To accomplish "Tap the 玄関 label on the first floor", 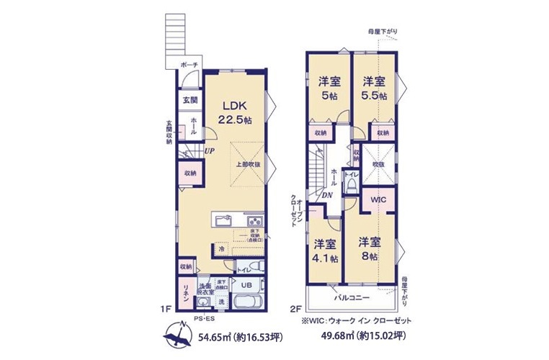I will (189, 100).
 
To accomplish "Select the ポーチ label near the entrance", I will (189, 65).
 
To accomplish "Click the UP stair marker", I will (209, 151).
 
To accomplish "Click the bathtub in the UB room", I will (247, 301).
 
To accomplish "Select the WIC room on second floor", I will (379, 199).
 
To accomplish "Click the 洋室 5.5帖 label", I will (374, 88).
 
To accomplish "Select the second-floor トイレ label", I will (351, 175).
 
